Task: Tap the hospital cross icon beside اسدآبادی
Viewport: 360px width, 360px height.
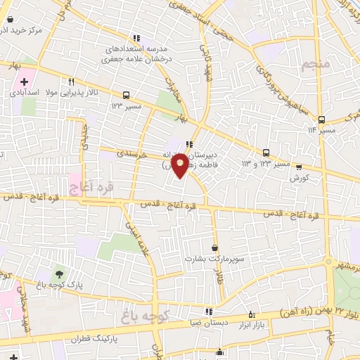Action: tap(24, 83)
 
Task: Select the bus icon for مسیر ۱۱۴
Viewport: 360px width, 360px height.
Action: tap(321, 120)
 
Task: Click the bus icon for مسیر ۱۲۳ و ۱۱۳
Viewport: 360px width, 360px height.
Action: tap(266, 153)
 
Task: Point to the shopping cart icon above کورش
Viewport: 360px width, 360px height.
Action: tap(299, 167)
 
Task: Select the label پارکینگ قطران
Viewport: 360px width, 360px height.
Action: tap(96, 338)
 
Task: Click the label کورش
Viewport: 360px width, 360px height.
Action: tap(300, 179)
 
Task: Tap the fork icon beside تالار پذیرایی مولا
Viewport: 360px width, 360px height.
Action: tap(71, 81)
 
